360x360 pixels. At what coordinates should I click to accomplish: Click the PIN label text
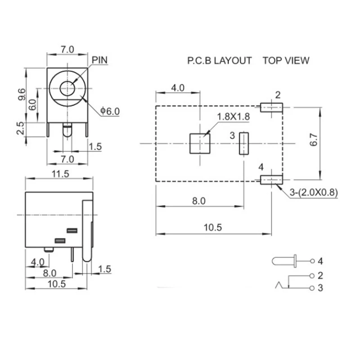click(100, 59)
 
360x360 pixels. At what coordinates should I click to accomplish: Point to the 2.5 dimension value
click(21, 128)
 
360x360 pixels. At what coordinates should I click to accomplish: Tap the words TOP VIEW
click(286, 61)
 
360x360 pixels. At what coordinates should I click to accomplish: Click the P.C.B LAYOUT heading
click(220, 61)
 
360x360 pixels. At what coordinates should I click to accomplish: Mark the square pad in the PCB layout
click(199, 144)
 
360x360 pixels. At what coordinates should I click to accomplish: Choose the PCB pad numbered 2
click(271, 107)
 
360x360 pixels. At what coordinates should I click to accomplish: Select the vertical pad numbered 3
click(243, 144)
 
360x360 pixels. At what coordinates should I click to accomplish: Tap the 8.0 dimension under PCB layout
click(198, 201)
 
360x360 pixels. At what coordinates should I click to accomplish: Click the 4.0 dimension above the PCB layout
click(178, 88)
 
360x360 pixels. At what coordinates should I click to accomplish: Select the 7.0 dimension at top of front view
click(67, 49)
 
